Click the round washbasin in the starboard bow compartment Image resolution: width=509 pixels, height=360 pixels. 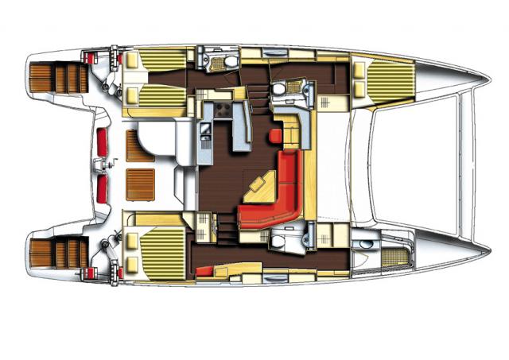tap(365, 243)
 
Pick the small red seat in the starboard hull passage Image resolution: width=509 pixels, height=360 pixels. tap(205, 270)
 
